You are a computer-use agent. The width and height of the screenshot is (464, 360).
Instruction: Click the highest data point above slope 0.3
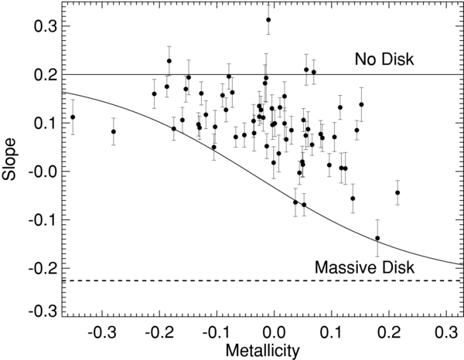pos(268,20)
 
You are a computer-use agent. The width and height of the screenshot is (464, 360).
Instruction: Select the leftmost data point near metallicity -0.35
pos(73,117)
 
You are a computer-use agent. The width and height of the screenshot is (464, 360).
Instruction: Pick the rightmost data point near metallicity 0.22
pos(397,192)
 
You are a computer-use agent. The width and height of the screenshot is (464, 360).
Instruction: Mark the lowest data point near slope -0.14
pos(377,238)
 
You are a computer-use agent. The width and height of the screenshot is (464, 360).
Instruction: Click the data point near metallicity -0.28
pos(114,131)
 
